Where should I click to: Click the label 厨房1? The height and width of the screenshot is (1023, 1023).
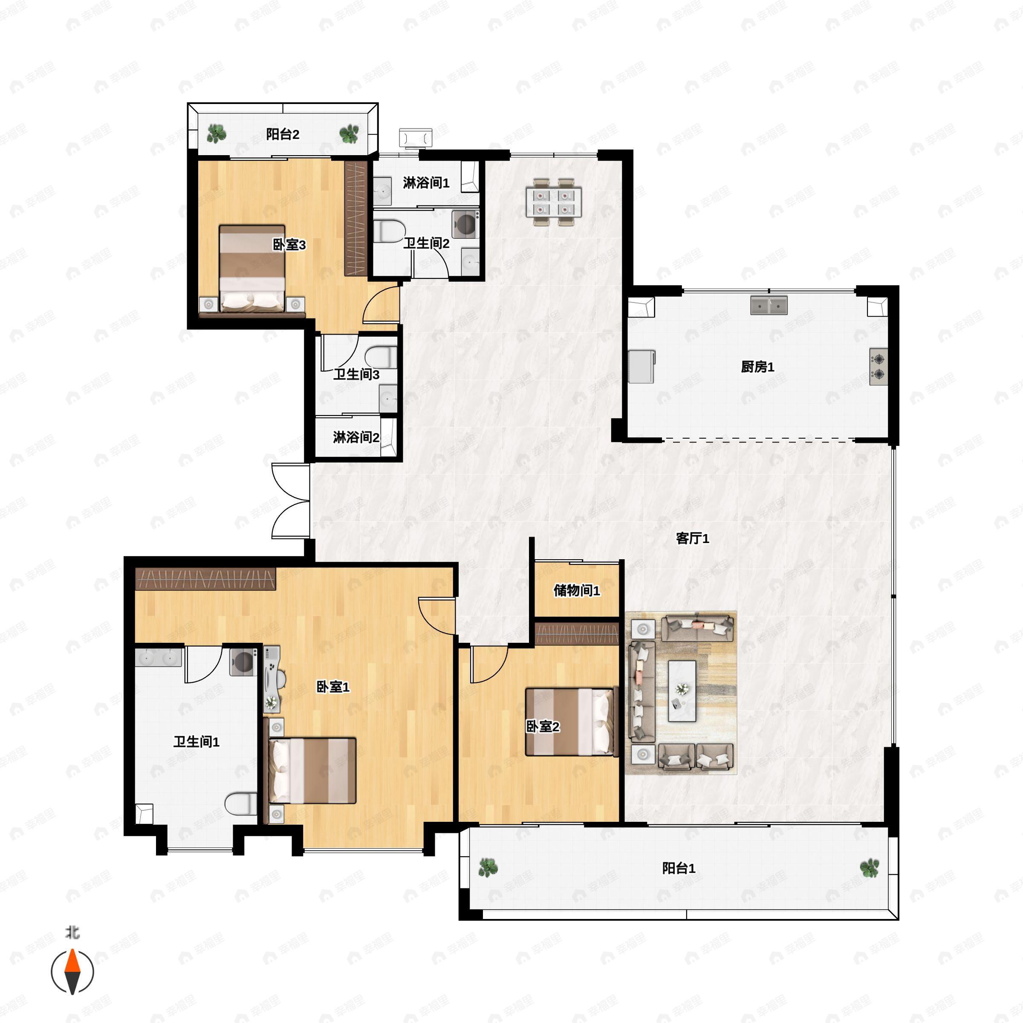pyautogui.click(x=757, y=367)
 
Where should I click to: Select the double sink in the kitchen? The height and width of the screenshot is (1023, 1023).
pyautogui.click(x=768, y=306)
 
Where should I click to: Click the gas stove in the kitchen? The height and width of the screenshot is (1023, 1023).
pyautogui.click(x=878, y=367)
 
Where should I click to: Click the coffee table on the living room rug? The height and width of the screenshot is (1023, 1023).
pyautogui.click(x=682, y=691)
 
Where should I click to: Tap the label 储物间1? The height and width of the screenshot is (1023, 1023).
pyautogui.click(x=576, y=590)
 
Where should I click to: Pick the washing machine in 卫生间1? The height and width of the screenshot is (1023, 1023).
pyautogui.click(x=243, y=662)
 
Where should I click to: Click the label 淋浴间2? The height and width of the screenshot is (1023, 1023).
pyautogui.click(x=356, y=437)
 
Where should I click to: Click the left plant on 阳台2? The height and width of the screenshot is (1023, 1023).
pyautogui.click(x=216, y=133)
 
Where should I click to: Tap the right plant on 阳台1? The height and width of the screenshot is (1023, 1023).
pyautogui.click(x=869, y=868)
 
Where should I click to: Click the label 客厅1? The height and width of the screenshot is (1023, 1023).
pyautogui.click(x=692, y=538)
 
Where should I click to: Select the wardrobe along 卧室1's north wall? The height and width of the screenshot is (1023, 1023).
pyautogui.click(x=205, y=579)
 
